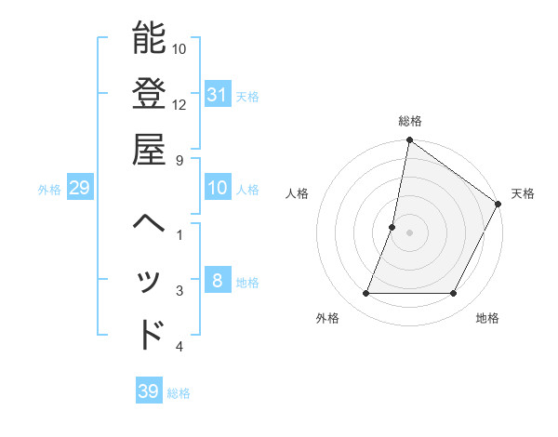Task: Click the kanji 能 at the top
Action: tap(149, 39)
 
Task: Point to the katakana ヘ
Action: tap(149, 224)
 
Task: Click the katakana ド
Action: tap(151, 334)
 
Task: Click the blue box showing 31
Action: tap(218, 94)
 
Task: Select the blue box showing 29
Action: tap(79, 189)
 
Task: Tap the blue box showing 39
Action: tap(148, 391)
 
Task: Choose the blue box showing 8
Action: tap(217, 282)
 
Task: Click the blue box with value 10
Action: tap(218, 189)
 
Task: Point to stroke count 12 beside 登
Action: tap(180, 104)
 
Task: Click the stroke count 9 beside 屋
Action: tap(179, 160)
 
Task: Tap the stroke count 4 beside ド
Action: tap(179, 347)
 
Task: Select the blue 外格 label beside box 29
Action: tap(49, 190)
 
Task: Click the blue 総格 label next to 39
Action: tap(179, 393)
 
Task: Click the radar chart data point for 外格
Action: tap(365, 294)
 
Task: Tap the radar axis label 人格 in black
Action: tap(298, 193)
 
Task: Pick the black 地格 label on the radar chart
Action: tap(487, 318)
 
